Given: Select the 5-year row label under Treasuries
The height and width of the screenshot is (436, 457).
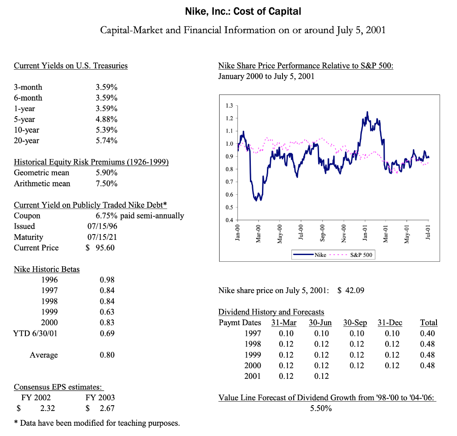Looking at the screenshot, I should [24, 119].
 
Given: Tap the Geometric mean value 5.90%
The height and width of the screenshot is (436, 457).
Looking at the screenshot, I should [107, 172].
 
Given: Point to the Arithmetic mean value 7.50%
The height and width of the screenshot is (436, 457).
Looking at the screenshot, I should [107, 184].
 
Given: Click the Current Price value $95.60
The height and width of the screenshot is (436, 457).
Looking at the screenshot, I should [100, 248].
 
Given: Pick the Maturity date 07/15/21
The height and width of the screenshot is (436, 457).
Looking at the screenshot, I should [103, 237].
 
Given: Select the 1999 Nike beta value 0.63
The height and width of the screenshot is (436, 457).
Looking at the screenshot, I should [107, 312].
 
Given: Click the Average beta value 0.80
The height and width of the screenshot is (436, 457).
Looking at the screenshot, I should [107, 355].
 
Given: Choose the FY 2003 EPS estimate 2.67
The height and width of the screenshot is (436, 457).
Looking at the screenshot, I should [106, 408].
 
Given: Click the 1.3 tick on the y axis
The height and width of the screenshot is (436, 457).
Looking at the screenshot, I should [229, 106].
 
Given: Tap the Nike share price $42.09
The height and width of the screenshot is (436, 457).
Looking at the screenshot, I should [351, 291].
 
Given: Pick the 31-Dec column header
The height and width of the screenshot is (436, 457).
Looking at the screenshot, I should [390, 323].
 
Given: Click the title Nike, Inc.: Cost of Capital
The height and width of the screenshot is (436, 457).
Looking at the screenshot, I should [243, 11].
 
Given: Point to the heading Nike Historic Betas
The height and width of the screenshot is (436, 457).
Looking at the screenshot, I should [47, 269].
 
